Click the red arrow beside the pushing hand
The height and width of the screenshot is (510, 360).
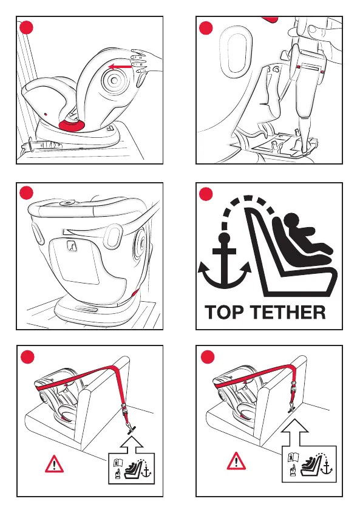coord(121,67)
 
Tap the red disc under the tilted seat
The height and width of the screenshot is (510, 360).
coord(72,124)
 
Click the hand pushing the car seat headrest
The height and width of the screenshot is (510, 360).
coord(146,62)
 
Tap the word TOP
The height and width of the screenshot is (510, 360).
coord(225,312)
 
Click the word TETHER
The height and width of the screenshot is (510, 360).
coord(289,312)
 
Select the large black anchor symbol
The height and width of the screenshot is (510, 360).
coord(224,260)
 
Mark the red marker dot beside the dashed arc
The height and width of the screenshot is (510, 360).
coord(206,194)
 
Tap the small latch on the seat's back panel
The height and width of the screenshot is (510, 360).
coord(72,245)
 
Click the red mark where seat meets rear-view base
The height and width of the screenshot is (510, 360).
coord(135,293)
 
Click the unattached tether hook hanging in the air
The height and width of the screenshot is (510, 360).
coord(131,427)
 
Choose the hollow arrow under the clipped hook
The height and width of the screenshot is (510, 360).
coord(294,432)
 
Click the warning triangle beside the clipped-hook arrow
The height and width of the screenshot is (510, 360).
coord(236,461)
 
